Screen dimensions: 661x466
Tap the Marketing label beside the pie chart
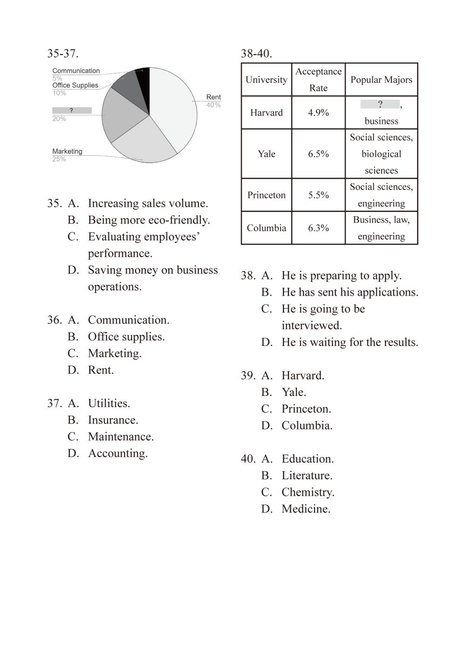pyautogui.click(x=67, y=151)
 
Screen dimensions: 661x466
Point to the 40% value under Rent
pyautogui.click(x=213, y=105)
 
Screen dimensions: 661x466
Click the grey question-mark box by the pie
pyautogui.click(x=72, y=110)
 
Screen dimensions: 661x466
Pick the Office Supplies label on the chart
pyautogui.click(x=75, y=85)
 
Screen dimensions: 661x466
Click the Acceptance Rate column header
pyautogui.click(x=318, y=80)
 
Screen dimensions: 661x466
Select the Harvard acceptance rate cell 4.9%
pyautogui.click(x=318, y=113)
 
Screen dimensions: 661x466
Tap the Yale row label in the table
pyautogui.click(x=267, y=154)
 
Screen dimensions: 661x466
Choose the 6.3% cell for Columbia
pyautogui.click(x=318, y=228)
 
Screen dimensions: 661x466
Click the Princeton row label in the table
pyautogui.click(x=267, y=195)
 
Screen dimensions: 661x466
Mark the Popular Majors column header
pyautogui.click(x=381, y=80)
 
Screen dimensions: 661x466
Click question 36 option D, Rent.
pyautogui.click(x=101, y=370)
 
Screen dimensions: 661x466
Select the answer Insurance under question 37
pyautogui.click(x=113, y=420)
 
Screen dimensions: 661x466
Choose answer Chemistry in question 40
pyautogui.click(x=308, y=492)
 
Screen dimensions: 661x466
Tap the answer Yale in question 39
pyautogui.click(x=294, y=392)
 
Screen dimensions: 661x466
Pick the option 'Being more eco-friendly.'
pyautogui.click(x=149, y=220)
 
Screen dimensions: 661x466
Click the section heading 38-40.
pyautogui.click(x=256, y=54)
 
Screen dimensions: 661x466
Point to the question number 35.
pyautogui.click(x=54, y=203)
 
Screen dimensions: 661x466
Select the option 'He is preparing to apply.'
pyautogui.click(x=341, y=275)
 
